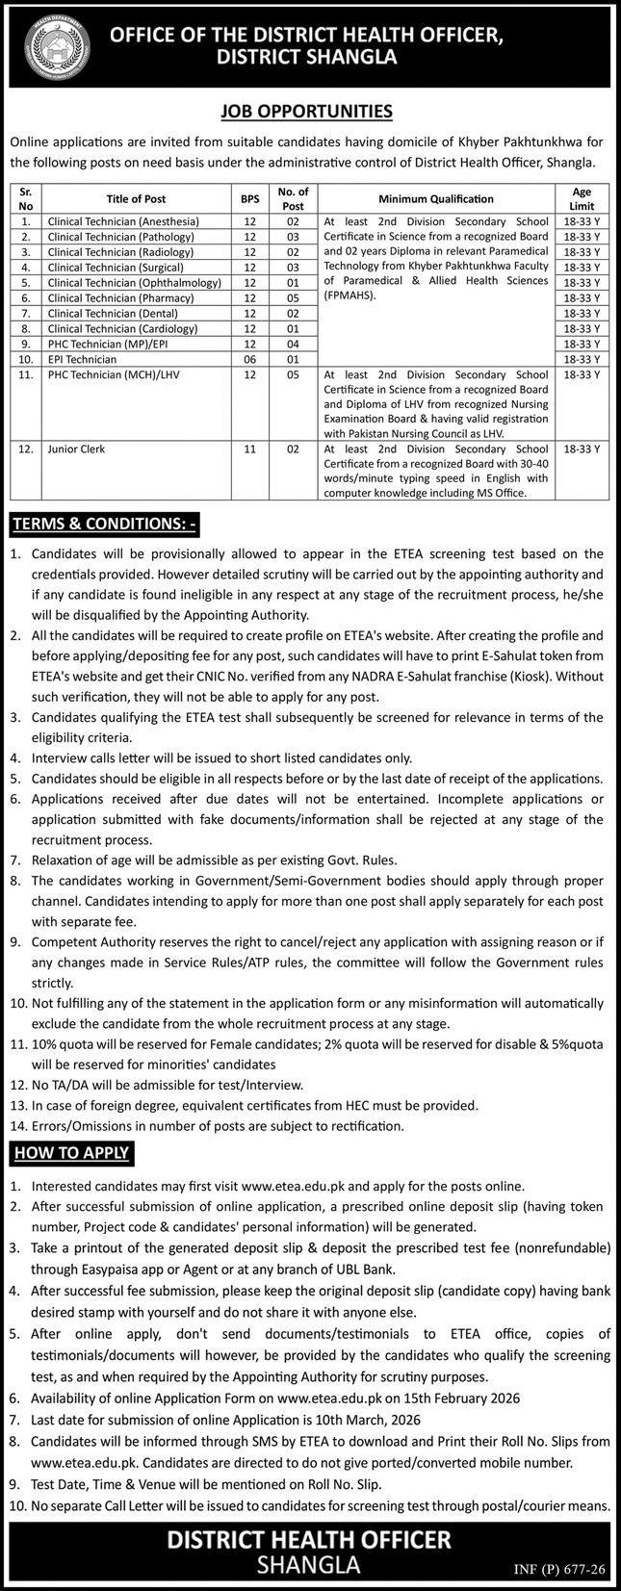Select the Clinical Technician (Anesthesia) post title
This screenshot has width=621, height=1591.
click(x=123, y=221)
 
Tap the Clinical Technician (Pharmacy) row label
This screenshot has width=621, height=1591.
click(x=120, y=297)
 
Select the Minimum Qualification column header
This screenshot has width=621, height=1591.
click(x=435, y=199)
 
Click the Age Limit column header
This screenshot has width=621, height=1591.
click(x=582, y=199)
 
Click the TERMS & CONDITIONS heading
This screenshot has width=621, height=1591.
click(x=104, y=525)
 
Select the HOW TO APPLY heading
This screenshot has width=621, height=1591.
click(x=70, y=1152)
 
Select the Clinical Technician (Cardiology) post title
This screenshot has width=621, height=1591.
click(x=122, y=328)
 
